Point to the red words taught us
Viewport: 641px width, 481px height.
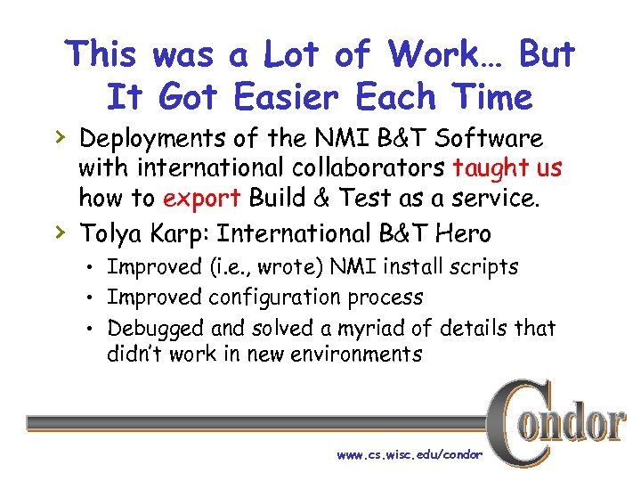(507, 168)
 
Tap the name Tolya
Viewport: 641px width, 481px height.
(111, 233)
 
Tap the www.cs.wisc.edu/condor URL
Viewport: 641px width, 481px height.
(410, 454)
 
